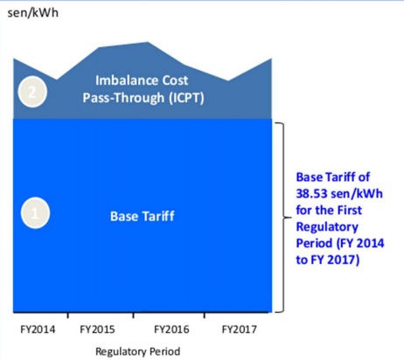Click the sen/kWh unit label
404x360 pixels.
[x=32, y=13]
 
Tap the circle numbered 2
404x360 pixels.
[x=32, y=92]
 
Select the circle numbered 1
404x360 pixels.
[x=35, y=213]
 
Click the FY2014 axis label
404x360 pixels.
[x=38, y=329]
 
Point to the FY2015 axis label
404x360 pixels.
[x=97, y=329]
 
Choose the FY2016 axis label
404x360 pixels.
[x=171, y=329]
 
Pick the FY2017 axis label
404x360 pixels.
[x=240, y=329]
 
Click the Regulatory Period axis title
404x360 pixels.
[x=137, y=351]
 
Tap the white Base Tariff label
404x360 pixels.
[x=143, y=217]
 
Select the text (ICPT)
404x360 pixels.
[x=186, y=98]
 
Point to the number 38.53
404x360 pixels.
[x=310, y=194]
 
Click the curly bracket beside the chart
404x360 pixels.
[x=284, y=218]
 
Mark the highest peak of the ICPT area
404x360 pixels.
[x=148, y=43]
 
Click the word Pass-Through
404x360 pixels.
[x=123, y=98]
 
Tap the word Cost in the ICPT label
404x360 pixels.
[x=175, y=80]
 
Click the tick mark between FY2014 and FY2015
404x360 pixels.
[x=68, y=315]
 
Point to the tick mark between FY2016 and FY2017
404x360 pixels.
[x=205, y=315]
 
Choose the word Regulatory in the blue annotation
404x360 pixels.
[x=327, y=227]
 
